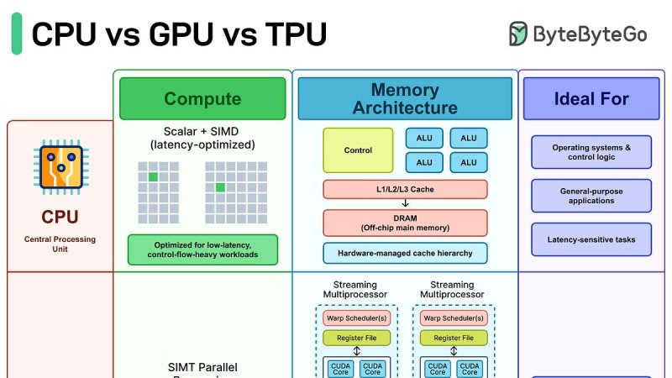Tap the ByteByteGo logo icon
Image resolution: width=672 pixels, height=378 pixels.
519,34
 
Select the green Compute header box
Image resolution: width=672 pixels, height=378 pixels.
202,98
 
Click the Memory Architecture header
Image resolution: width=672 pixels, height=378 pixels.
405,98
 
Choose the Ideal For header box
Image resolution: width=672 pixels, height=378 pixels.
591,98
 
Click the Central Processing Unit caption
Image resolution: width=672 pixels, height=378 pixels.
60,244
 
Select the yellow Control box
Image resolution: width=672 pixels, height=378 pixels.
358,150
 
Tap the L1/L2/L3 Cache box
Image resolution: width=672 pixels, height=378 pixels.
405,189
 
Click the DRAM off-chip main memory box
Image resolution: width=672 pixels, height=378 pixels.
405,223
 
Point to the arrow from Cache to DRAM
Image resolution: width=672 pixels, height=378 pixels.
405,203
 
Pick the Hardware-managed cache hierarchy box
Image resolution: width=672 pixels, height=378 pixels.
405,253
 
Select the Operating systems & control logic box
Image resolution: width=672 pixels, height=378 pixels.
591,152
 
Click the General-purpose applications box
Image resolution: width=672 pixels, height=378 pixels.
591,196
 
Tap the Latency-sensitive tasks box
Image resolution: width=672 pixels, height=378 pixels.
591,239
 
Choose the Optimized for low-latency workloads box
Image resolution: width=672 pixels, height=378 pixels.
202,249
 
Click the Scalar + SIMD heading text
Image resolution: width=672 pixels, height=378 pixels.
202,138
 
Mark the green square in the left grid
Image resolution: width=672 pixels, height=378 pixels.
153,177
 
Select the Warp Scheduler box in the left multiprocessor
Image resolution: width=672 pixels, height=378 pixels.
357,318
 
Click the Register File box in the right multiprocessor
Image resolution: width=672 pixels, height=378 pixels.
454,338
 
